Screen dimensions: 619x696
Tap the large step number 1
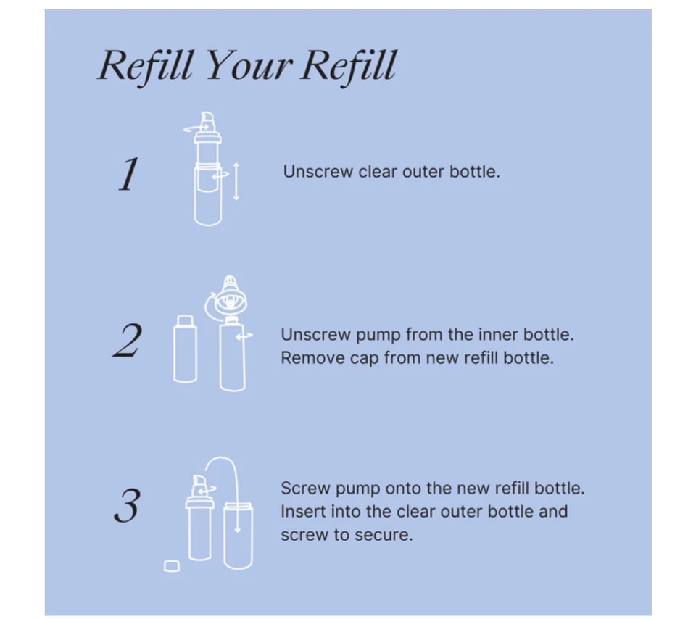pos(128,175)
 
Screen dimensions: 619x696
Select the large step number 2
pos(128,341)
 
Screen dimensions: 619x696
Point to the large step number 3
pos(127,506)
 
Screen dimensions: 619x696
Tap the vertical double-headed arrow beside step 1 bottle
pos(236,181)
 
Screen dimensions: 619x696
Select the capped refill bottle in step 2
pos(185,349)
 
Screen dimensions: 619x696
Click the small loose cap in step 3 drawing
pos(172,565)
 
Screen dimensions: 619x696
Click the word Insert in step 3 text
pos(302,512)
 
